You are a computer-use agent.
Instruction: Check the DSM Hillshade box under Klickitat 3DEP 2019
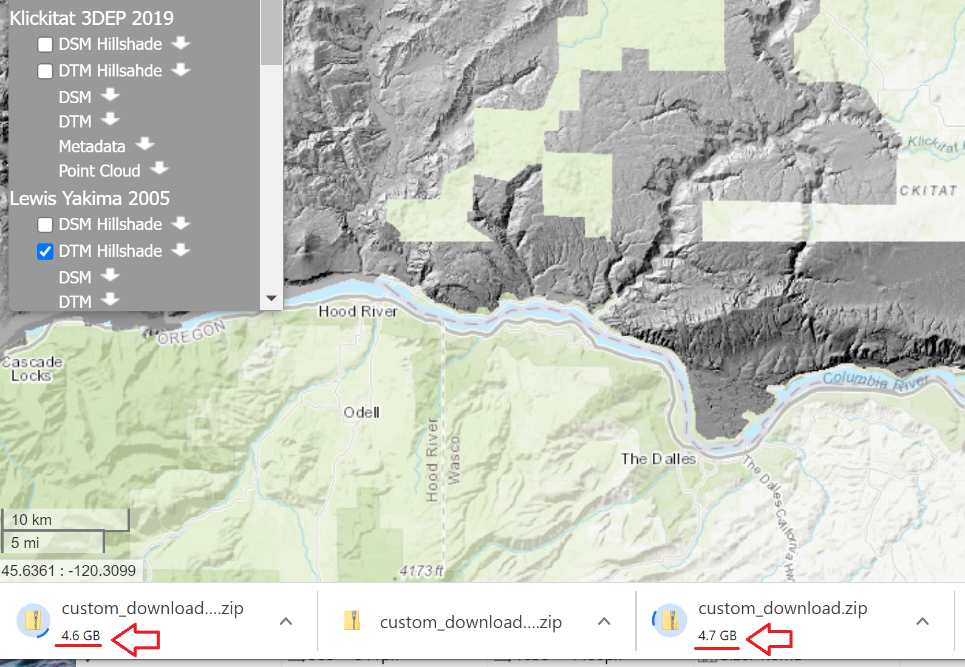click(45, 44)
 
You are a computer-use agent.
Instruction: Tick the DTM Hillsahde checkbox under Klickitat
click(45, 71)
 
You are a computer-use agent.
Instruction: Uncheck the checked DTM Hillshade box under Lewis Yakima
click(45, 251)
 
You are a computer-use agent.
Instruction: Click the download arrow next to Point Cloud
click(159, 168)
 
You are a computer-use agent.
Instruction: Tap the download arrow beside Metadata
click(145, 144)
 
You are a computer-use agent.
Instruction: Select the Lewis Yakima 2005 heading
click(90, 198)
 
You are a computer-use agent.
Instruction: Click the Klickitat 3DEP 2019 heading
click(92, 18)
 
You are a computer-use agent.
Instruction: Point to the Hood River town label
click(358, 311)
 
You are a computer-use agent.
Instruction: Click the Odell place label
click(361, 413)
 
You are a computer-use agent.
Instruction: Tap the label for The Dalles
click(658, 459)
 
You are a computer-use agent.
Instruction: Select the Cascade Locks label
click(32, 369)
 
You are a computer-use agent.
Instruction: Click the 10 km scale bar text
click(32, 520)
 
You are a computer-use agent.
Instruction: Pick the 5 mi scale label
click(25, 543)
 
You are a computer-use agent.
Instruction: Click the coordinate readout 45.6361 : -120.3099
click(69, 571)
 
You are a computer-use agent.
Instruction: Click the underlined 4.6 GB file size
click(80, 635)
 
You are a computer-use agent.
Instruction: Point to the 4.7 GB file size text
click(717, 635)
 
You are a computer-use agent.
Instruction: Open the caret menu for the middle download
click(604, 621)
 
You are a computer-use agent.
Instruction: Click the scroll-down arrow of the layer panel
click(271, 299)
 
